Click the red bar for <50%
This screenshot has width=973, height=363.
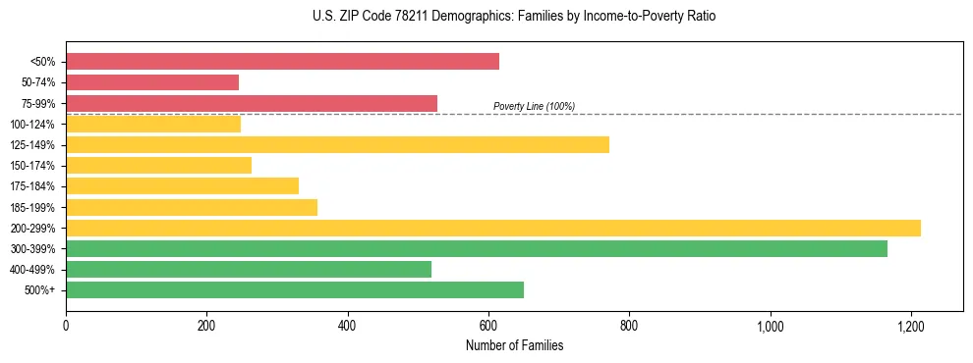pos(282,62)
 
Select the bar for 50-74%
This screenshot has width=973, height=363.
pos(152,82)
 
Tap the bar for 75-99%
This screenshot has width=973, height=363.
pos(252,103)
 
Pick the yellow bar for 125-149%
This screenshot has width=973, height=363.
pos(337,144)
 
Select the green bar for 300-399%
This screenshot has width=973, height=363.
pos(477,248)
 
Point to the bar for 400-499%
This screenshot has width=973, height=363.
pos(249,269)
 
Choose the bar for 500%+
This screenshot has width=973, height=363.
pos(295,289)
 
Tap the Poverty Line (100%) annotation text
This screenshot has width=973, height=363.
pos(534,106)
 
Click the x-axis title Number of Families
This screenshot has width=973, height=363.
pos(514,345)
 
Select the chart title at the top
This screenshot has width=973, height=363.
pos(514,17)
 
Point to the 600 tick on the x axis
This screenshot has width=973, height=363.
pos(488,325)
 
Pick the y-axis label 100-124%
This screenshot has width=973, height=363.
pos(35,125)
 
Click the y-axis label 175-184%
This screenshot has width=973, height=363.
pos(35,186)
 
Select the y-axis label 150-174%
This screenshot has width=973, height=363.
pos(35,166)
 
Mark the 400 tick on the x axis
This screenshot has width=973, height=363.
pos(347,325)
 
